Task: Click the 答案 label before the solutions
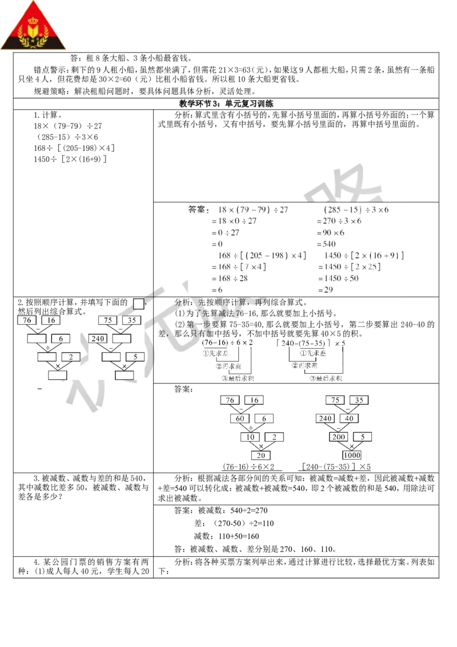tap(199, 210)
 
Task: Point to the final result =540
tap(326, 244)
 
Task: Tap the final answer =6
tap(217, 290)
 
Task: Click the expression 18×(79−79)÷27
tap(253, 210)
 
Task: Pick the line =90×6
tap(330, 233)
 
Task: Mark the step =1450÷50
tap(338, 278)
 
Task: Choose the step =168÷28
tap(233, 278)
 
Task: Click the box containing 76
tap(27, 320)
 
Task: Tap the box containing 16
tap(51, 320)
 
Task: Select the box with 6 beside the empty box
tap(61, 338)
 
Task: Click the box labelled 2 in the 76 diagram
tap(71, 357)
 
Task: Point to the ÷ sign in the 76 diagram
tap(48, 348)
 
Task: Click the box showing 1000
tap(351, 456)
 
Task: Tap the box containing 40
tap(350, 418)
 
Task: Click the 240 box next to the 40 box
tap(326, 418)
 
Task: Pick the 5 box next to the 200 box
tap(363, 437)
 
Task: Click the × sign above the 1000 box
tap(351, 446)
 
